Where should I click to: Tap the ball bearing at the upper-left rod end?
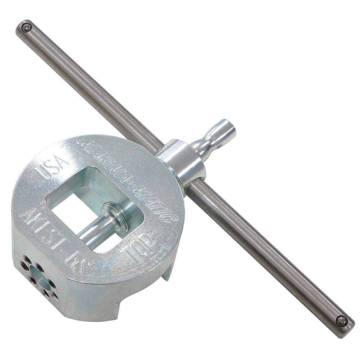(26, 27)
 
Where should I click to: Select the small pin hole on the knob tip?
(217, 146)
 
